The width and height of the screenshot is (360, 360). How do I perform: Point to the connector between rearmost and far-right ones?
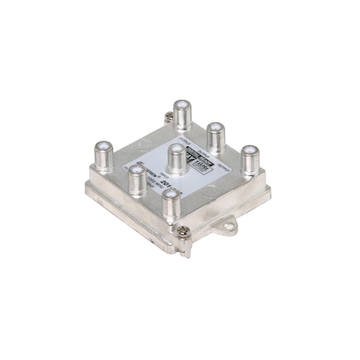click(214, 132)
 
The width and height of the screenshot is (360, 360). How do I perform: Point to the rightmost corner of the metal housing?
click(270, 190)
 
